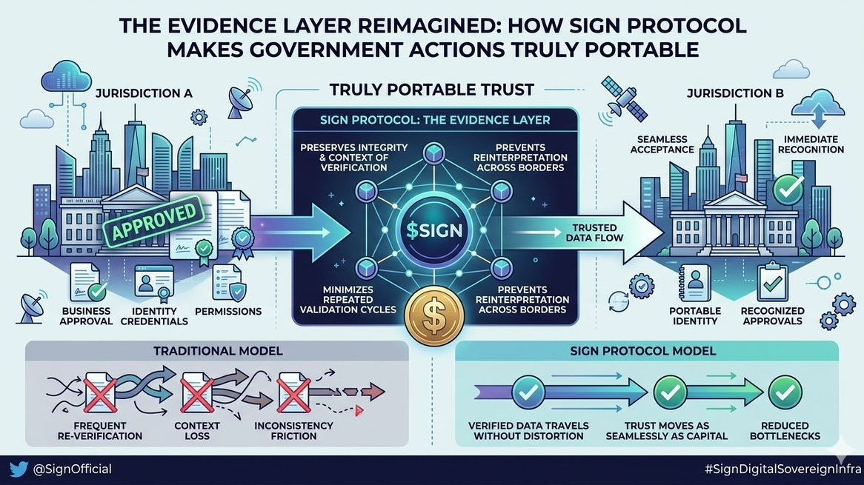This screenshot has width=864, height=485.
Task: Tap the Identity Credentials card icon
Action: pyautogui.click(x=153, y=282)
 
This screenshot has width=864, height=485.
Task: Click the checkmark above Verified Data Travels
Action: pyautogui.click(x=529, y=390)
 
